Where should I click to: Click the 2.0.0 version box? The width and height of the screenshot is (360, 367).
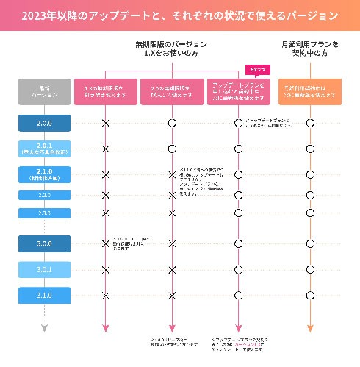[44, 123]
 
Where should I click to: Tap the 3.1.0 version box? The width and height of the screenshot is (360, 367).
[44, 295]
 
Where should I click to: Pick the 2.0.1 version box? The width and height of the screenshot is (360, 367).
[44, 149]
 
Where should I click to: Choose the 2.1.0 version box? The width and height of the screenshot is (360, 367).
[44, 174]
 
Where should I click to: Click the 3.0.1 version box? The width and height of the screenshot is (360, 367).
[44, 269]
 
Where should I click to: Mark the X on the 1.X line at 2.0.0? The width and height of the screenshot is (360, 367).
[105, 123]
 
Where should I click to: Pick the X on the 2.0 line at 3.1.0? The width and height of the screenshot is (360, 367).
[172, 295]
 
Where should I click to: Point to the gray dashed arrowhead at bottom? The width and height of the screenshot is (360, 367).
[44, 327]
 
